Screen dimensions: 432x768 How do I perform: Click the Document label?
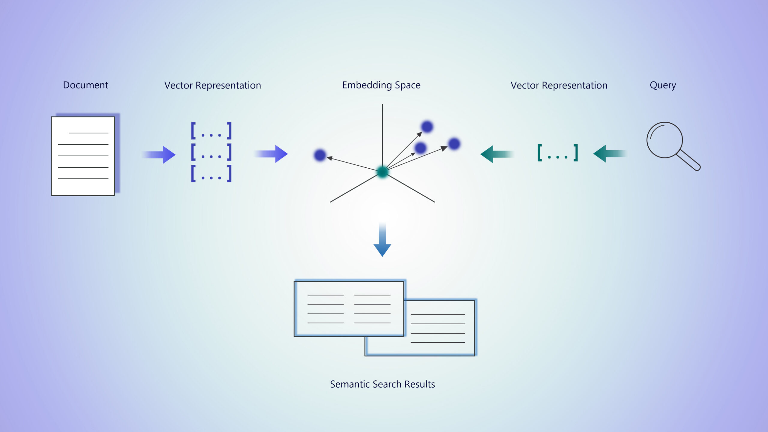click(85, 85)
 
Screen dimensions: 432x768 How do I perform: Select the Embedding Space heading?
click(381, 85)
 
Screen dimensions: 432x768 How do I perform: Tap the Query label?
click(662, 85)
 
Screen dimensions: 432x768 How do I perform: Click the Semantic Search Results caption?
click(382, 384)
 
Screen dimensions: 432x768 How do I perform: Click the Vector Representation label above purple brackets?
click(212, 85)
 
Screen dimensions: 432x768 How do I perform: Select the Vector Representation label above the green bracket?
click(559, 85)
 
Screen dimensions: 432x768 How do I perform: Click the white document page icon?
click(83, 156)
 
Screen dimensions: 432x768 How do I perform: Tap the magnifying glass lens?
click(664, 140)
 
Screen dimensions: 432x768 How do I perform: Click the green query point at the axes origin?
click(382, 172)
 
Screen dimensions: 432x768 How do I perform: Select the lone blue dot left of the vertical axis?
click(320, 155)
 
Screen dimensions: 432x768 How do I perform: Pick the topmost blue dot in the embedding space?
click(427, 127)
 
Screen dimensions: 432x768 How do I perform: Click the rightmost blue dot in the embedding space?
click(454, 144)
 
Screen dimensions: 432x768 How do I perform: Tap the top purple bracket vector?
click(211, 130)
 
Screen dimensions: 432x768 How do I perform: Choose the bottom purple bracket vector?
click(211, 173)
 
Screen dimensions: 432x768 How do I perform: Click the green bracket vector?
click(557, 153)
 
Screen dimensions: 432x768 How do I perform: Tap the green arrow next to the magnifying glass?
click(609, 154)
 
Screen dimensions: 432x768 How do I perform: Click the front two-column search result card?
click(349, 309)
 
